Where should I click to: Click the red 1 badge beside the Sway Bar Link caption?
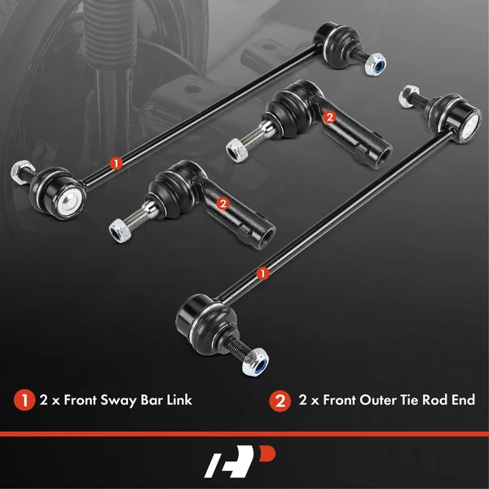tap(24, 400)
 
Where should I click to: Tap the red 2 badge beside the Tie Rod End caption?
tap(280, 400)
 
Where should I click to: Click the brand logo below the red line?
tap(244, 460)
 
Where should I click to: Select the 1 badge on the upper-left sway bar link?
tap(117, 162)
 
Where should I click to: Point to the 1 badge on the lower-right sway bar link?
tap(262, 274)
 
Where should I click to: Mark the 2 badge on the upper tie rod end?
tap(328, 117)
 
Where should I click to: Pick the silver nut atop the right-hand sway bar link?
tap(405, 99)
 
